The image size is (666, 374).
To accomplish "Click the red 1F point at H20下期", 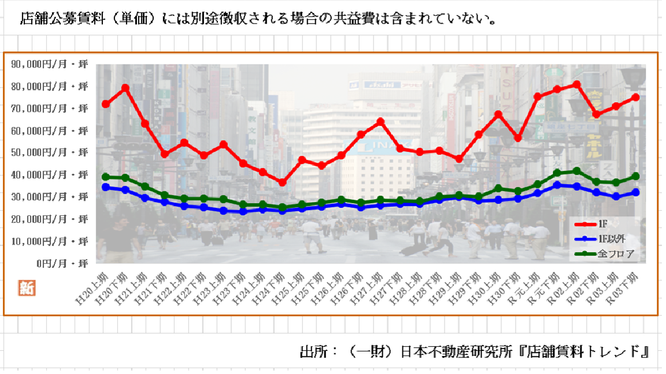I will [x=125, y=88].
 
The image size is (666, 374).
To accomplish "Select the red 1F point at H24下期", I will [x=282, y=182].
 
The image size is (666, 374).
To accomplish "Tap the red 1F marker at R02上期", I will [x=576, y=84].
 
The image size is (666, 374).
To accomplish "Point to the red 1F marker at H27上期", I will [x=380, y=122].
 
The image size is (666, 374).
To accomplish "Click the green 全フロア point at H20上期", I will [x=105, y=177].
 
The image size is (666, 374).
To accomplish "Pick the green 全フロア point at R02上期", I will [x=576, y=171].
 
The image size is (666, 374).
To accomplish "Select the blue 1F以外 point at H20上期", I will [x=105, y=187].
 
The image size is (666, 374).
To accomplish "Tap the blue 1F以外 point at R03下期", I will [x=635, y=192].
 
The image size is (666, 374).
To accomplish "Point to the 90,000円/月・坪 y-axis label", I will [x=50, y=65].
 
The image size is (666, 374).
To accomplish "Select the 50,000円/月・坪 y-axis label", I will [x=50, y=152].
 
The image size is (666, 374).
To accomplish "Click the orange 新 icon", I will [x=27, y=288].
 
